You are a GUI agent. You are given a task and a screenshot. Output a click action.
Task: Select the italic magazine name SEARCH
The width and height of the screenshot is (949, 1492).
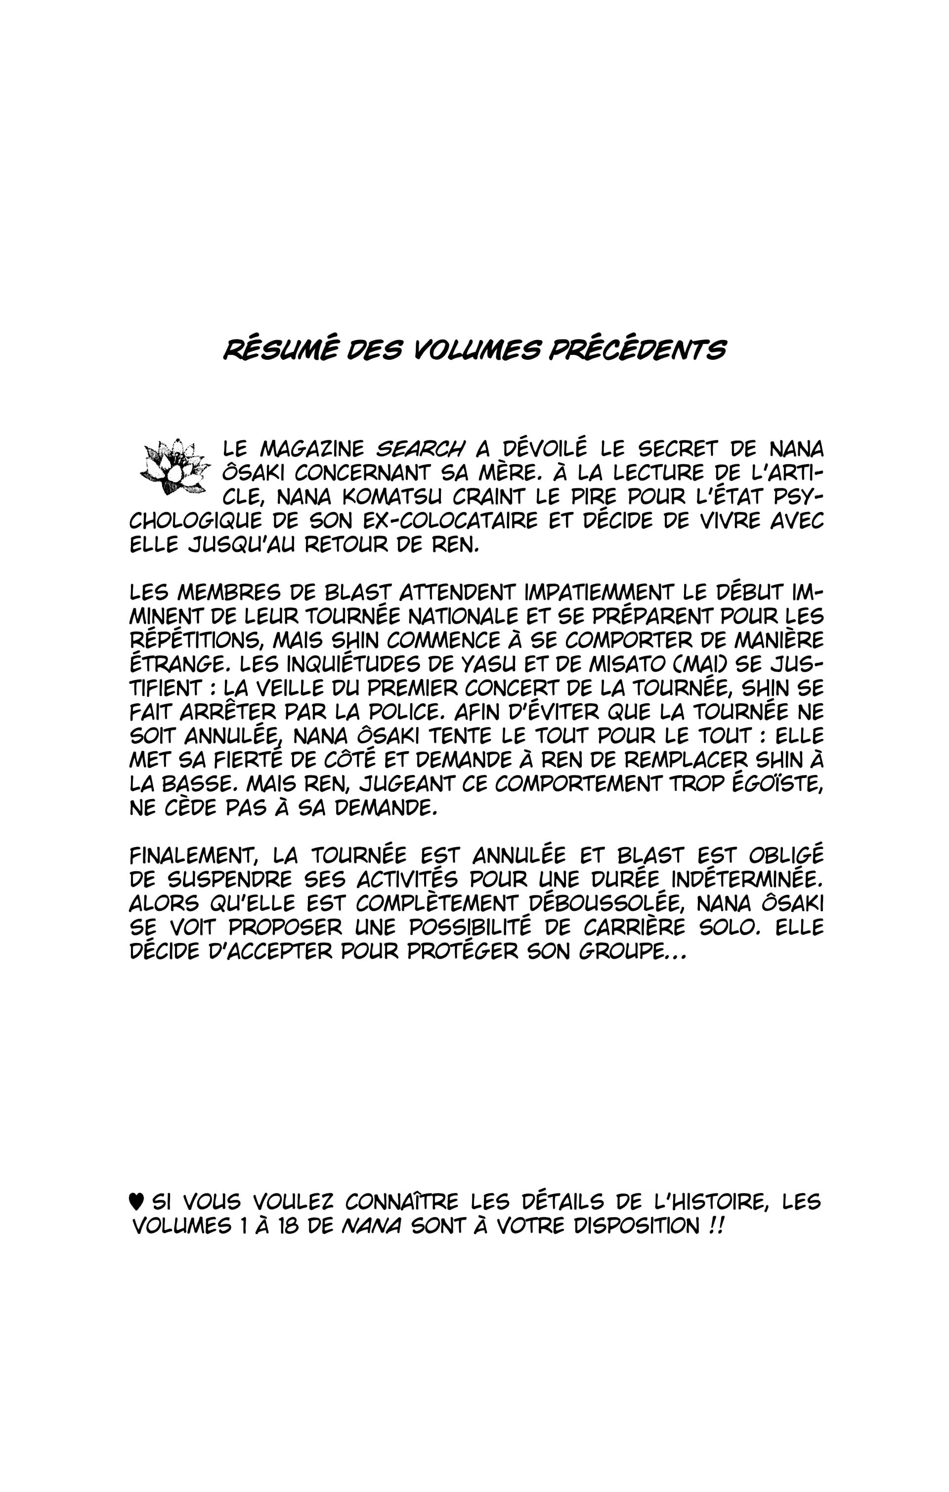pos(420,449)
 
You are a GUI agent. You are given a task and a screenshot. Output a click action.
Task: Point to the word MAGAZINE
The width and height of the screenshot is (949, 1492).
pos(312,449)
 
